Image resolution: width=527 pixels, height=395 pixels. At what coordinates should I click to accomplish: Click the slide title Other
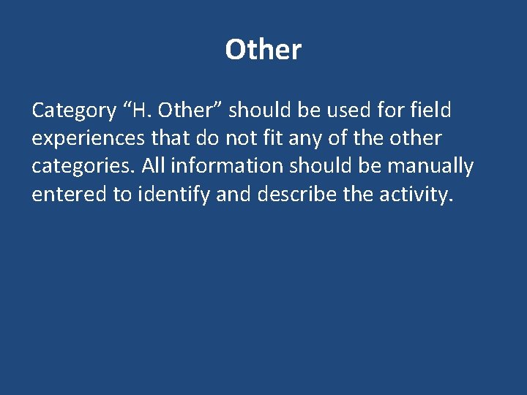click(x=263, y=50)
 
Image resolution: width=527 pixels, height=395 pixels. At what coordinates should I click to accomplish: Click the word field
click(x=430, y=110)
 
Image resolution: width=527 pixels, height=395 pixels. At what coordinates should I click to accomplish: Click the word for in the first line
click(x=389, y=110)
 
